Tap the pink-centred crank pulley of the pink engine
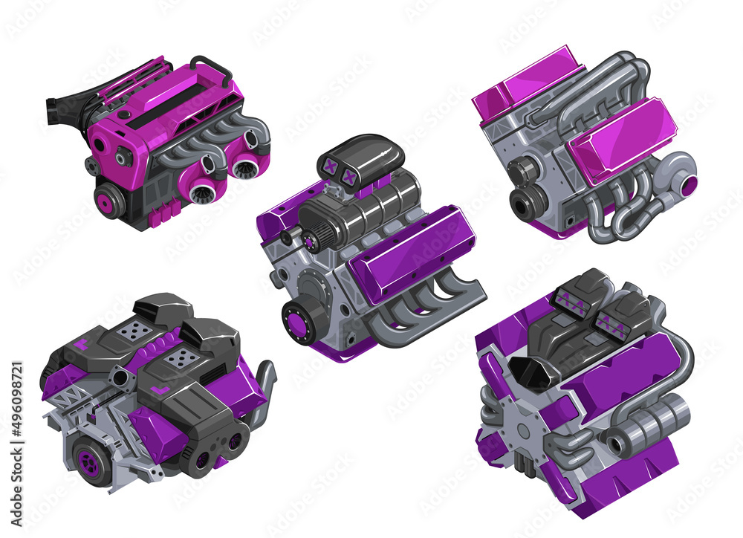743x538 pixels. coord(108,201)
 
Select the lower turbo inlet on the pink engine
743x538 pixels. coord(202,194)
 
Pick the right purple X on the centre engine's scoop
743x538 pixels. coord(348,177)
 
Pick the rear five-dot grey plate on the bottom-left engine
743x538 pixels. coord(134,332)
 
